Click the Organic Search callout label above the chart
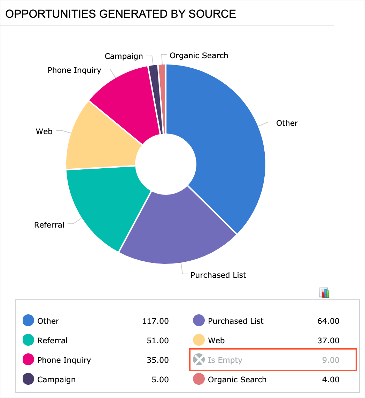pyautogui.click(x=199, y=55)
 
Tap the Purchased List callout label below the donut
pyautogui.click(x=218, y=275)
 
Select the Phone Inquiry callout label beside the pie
pyautogui.click(x=74, y=70)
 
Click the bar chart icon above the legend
pyautogui.click(x=324, y=293)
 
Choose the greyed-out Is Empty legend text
pyautogui.click(x=225, y=360)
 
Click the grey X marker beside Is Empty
pyautogui.click(x=199, y=360)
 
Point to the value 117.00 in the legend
pyautogui.click(x=155, y=321)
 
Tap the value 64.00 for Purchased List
pyautogui.click(x=328, y=321)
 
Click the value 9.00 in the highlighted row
pyautogui.click(x=331, y=360)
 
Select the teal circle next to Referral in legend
pyautogui.click(x=28, y=340)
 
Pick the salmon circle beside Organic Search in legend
pyautogui.click(x=199, y=380)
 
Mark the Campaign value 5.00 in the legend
pyautogui.click(x=160, y=380)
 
